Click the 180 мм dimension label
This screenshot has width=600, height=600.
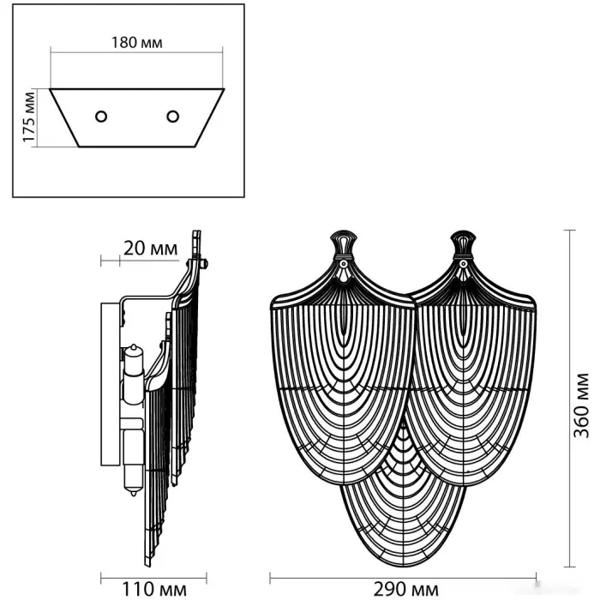click(136, 42)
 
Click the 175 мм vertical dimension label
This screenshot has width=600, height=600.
click(28, 117)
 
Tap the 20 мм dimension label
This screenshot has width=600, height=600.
click(150, 249)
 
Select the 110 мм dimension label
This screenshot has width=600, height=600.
click(154, 590)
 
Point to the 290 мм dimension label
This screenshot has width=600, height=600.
click(406, 590)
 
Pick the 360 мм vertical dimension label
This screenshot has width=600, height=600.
click(581, 405)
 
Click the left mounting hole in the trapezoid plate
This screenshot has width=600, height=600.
click(101, 117)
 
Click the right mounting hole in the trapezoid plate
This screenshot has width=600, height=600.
click(173, 117)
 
